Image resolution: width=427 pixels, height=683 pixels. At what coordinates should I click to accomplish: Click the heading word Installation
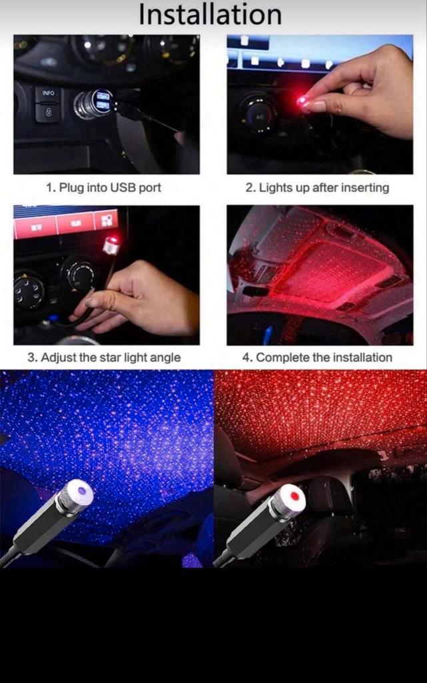(210, 15)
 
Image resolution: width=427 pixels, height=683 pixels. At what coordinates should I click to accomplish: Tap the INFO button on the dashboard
(48, 93)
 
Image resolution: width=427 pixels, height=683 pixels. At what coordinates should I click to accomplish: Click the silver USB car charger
(93, 103)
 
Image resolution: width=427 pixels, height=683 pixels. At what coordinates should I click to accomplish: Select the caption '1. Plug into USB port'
(103, 187)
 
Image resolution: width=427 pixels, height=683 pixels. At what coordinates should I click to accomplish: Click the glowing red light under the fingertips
(301, 102)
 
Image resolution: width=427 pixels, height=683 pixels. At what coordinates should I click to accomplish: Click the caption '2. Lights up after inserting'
(318, 187)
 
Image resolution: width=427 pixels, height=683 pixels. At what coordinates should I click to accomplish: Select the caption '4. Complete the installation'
(318, 358)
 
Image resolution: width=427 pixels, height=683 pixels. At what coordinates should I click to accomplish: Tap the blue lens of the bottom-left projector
(81, 492)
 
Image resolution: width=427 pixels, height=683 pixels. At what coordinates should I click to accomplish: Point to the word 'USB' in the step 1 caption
(123, 187)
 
